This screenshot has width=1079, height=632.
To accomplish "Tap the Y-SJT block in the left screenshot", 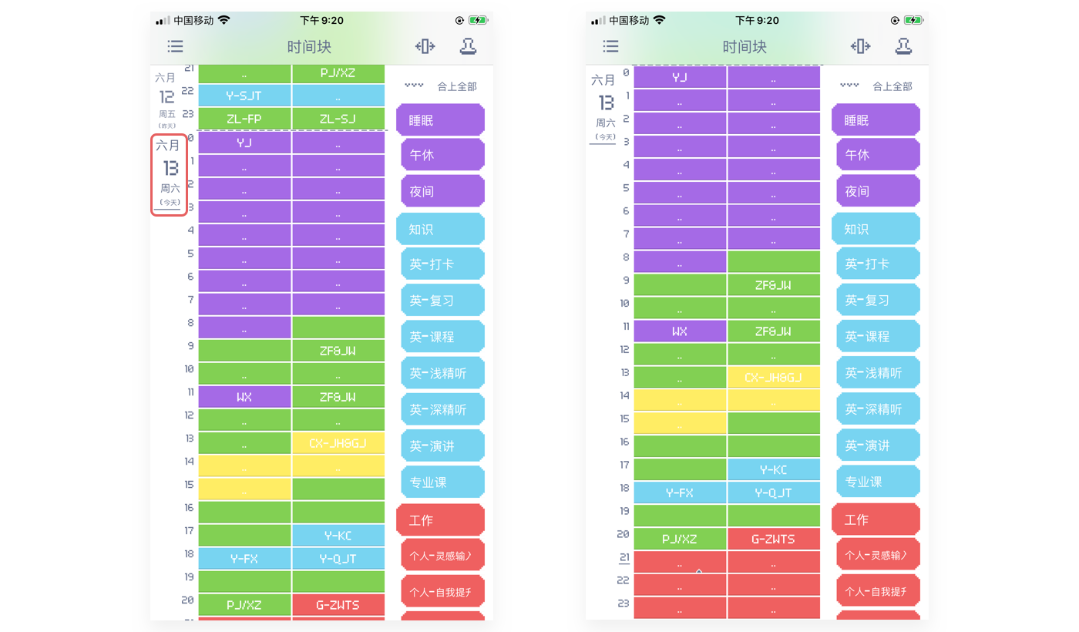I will [244, 96].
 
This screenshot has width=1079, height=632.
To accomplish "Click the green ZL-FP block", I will [244, 119].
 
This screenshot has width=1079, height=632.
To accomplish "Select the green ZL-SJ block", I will [338, 119].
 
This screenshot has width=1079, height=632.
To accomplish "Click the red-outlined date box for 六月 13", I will [170, 175].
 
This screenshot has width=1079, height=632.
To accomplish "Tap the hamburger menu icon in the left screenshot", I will [176, 47].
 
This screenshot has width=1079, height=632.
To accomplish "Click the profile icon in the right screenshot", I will [903, 46].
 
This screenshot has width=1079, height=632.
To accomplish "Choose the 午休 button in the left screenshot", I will [442, 155].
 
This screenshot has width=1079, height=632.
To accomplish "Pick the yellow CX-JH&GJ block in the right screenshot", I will [773, 378].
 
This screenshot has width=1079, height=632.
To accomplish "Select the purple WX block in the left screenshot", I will [244, 397].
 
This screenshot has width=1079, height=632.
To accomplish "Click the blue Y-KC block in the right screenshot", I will [773, 469].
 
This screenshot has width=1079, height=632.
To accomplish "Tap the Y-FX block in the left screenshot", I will [244, 559].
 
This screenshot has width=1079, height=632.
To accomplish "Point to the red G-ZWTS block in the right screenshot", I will [773, 539].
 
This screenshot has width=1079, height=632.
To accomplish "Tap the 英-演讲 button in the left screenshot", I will [442, 446].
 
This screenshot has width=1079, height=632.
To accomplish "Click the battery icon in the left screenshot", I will [478, 20].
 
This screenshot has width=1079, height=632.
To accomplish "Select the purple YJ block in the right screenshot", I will [680, 77].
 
